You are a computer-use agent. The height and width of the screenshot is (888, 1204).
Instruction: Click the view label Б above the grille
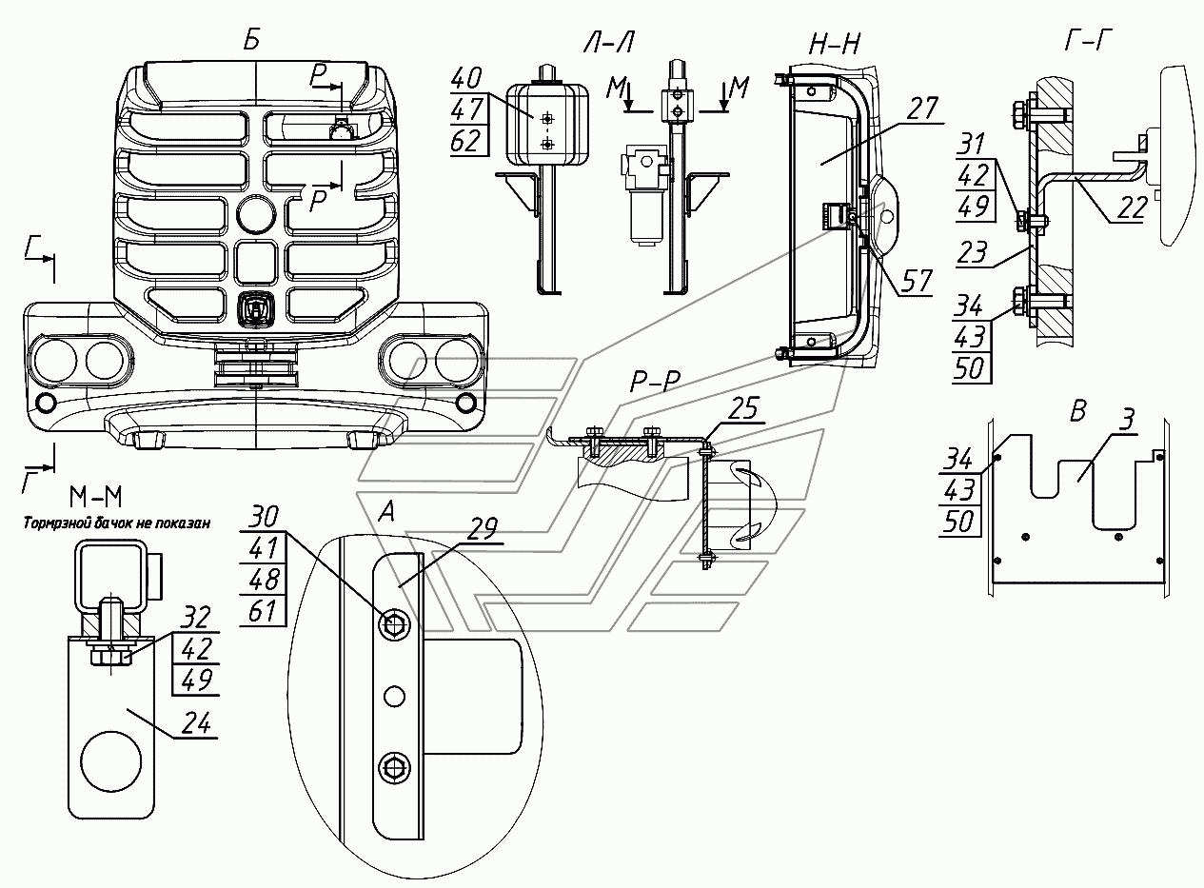[252, 40]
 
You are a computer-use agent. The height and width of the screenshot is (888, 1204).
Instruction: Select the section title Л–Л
[609, 41]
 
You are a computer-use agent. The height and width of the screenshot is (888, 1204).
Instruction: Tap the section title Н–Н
[835, 44]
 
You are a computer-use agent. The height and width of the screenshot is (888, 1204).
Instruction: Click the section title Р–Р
[655, 383]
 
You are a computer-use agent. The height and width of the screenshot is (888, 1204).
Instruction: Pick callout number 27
[922, 109]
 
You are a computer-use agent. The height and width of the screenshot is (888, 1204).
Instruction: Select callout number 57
[917, 281]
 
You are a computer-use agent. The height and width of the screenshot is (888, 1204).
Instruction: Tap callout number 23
[972, 252]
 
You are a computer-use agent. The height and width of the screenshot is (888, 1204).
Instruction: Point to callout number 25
[744, 408]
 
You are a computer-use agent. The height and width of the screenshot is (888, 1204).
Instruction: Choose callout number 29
[484, 529]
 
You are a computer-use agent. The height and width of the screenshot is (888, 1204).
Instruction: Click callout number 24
[196, 723]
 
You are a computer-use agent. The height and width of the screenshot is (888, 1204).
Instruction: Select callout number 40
[466, 78]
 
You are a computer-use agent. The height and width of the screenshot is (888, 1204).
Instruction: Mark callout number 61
[264, 611]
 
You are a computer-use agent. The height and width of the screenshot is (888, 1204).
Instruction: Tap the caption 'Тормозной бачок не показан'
[117, 523]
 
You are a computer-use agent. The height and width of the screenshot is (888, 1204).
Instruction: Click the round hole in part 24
[110, 761]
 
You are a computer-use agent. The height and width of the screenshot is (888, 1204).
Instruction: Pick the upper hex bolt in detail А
[393, 624]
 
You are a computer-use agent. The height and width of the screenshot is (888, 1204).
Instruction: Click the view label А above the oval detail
[386, 512]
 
